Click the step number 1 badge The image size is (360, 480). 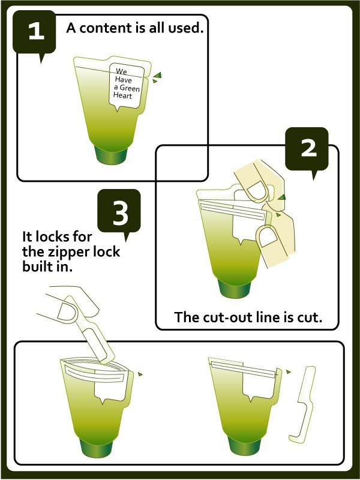[x=34, y=33]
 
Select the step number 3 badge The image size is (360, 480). [x=119, y=212]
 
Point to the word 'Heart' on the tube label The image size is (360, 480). [x=122, y=95]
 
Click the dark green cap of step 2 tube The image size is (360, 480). [x=235, y=288]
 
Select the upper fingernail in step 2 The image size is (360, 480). [x=258, y=191]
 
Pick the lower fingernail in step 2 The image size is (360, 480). [x=268, y=236]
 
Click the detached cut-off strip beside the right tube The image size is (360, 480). [x=302, y=404]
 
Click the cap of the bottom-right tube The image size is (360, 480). [x=245, y=445]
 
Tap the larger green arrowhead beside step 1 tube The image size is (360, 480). [x=157, y=75]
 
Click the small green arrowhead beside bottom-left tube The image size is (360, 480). [x=140, y=374]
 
